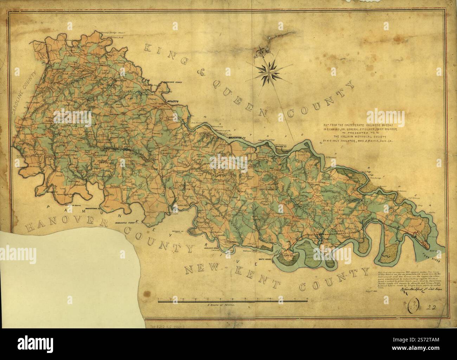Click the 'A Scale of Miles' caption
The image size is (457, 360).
(x=221, y=306)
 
